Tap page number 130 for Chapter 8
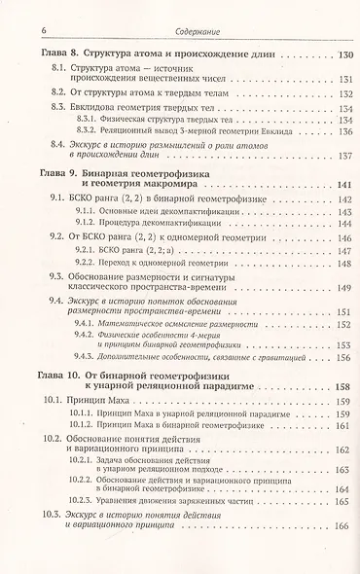(x=334, y=54)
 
